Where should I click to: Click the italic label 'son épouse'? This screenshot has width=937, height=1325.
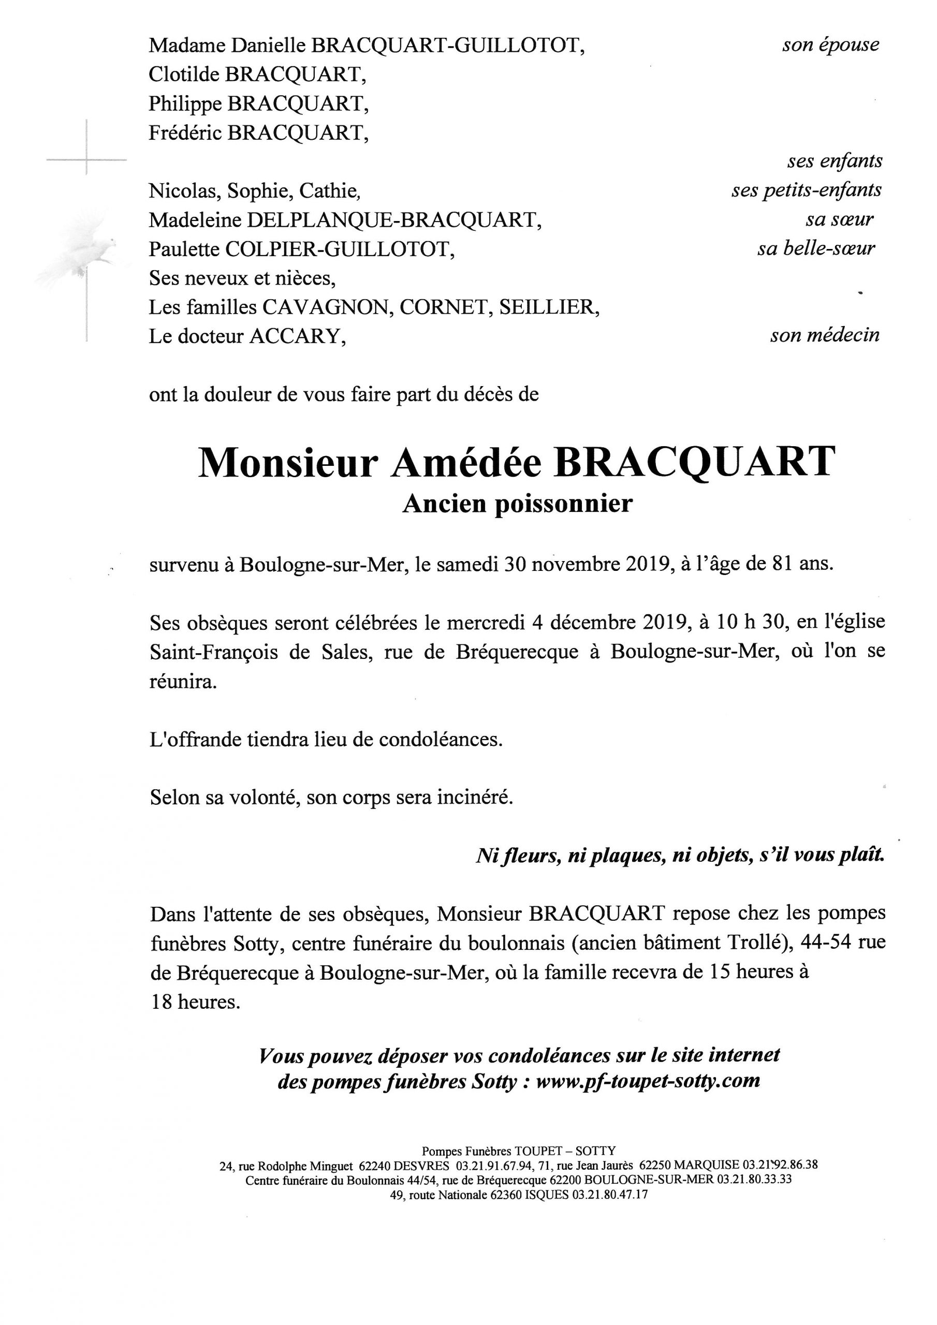click(830, 45)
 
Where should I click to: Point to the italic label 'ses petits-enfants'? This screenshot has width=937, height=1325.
click(806, 190)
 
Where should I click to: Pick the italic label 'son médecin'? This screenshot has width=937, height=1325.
click(825, 335)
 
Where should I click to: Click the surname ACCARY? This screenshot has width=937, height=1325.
click(294, 336)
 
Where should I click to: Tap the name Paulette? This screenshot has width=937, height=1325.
click(184, 249)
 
